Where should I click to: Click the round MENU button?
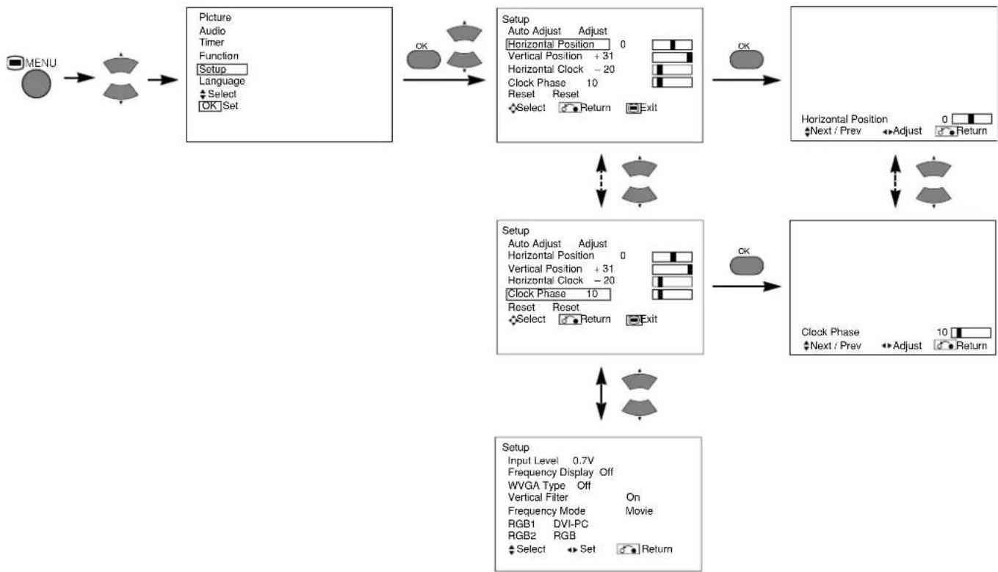(36, 84)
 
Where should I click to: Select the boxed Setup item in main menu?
(222, 69)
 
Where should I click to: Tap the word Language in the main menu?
(222, 81)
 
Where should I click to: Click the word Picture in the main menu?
(214, 18)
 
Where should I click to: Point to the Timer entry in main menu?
(211, 43)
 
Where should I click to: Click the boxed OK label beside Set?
(210, 106)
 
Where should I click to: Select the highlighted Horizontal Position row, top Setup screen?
(558, 45)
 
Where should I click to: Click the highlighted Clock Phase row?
(558, 294)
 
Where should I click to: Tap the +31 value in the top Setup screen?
(604, 56)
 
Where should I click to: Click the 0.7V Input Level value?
(583, 460)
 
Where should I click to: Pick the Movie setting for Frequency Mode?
(639, 511)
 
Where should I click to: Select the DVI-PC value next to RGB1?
(571, 524)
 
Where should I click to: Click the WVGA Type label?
(536, 485)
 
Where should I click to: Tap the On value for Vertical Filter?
(633, 497)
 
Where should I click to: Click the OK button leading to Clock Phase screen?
(746, 266)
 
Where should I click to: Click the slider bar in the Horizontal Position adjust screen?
(972, 119)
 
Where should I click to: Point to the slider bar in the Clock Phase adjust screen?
(971, 333)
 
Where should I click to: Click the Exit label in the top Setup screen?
(648, 108)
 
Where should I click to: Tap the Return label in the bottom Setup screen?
(657, 549)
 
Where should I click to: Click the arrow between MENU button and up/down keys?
(79, 78)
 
